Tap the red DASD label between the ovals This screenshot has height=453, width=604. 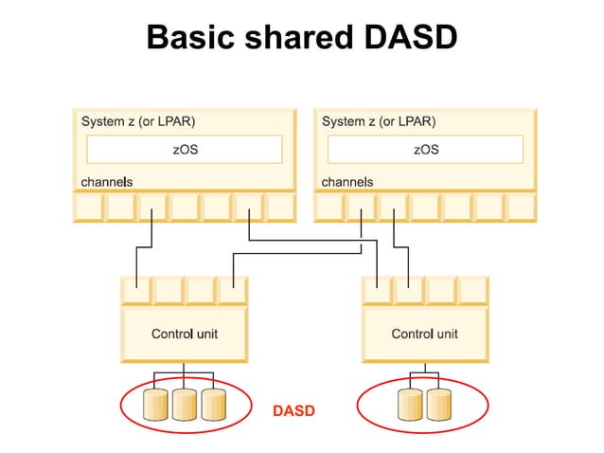click(293, 411)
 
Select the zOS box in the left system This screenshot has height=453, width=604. click(185, 150)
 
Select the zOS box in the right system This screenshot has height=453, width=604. click(426, 150)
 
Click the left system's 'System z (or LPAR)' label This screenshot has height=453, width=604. click(139, 122)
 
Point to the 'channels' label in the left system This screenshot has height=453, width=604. click(105, 181)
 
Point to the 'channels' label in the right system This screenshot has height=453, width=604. click(347, 181)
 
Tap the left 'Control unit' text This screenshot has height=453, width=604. click(185, 334)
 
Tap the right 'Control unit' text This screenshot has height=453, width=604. click(425, 334)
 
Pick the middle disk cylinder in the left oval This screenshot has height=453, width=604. click(185, 405)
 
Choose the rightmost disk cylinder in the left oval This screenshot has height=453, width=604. click(214, 405)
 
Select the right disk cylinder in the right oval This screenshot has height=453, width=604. click(439, 405)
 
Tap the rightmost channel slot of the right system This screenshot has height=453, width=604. click(520, 207)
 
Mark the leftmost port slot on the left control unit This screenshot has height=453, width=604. click(137, 290)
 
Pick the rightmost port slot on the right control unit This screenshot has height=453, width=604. click(473, 290)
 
